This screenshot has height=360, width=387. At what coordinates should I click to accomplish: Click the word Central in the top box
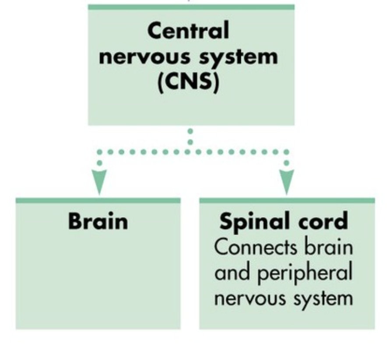(188, 32)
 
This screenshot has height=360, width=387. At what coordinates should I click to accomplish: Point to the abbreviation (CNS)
(188, 82)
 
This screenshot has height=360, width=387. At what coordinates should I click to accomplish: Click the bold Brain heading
(98, 222)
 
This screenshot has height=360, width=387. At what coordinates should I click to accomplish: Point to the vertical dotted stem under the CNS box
(190, 137)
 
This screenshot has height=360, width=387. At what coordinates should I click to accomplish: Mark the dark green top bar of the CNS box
(191, 7)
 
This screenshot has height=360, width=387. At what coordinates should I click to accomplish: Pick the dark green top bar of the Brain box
(98, 201)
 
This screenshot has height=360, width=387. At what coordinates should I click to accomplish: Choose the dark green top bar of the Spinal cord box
(287, 201)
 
